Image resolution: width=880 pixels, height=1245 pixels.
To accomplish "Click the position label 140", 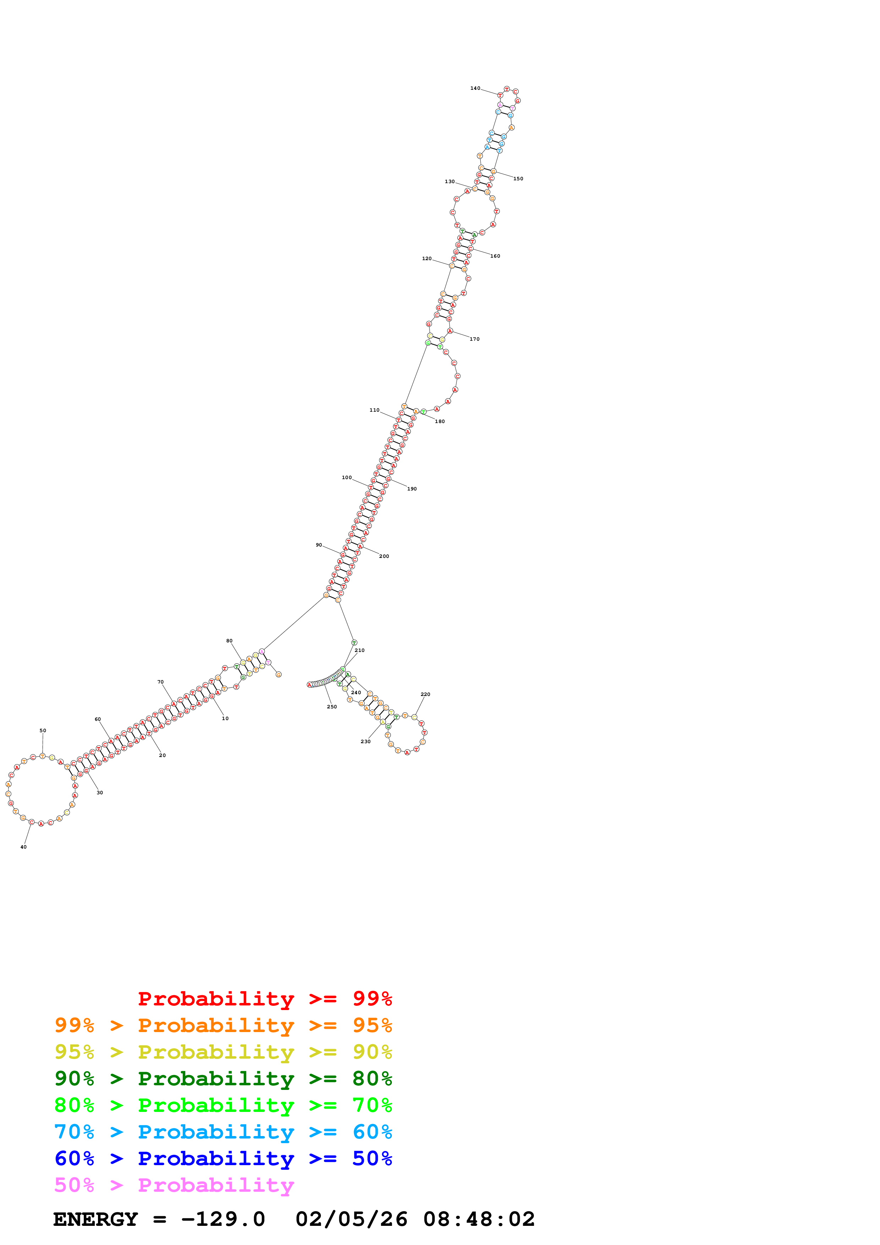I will click(x=475, y=88).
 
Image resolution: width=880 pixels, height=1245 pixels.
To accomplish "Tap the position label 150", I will click(x=518, y=179).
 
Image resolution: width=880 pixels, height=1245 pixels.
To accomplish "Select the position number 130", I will click(x=449, y=182).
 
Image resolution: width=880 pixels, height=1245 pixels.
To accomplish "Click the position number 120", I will click(x=427, y=259).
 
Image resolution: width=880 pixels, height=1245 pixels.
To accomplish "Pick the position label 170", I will click(x=474, y=339).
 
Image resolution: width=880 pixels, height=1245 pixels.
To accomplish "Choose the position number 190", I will click(x=412, y=489).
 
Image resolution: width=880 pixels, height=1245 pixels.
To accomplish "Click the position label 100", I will click(x=346, y=478).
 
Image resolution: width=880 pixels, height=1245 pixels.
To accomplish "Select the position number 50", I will click(x=43, y=730).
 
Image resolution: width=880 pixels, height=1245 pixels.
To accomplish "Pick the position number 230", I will click(x=365, y=742).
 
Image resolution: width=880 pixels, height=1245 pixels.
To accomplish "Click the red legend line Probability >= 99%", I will click(x=264, y=999).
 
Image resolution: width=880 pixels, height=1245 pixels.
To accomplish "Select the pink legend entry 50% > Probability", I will click(x=174, y=1185).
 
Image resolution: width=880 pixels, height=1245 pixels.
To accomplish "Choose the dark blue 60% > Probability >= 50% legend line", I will click(x=223, y=1159).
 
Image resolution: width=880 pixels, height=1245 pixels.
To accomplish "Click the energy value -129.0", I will click(x=223, y=1219).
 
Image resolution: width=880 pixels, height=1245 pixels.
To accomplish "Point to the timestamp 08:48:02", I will click(x=479, y=1219).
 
